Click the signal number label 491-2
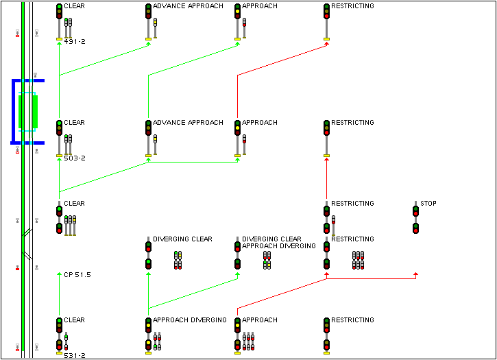click(x=74, y=42)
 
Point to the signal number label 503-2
click(x=74, y=158)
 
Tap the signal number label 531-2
click(x=74, y=355)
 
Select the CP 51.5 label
click(x=77, y=274)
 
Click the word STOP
click(x=428, y=204)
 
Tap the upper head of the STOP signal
click(x=415, y=209)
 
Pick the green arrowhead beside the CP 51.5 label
click(x=60, y=274)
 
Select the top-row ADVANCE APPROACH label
click(x=188, y=6)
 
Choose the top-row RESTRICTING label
click(x=352, y=6)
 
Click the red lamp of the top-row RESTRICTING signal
click(x=326, y=14)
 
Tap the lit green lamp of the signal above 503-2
click(x=60, y=123)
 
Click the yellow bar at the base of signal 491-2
click(x=60, y=40)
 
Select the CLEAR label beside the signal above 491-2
click(x=74, y=6)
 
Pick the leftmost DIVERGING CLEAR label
click(x=182, y=239)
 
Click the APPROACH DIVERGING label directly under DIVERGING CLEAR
click(x=279, y=245)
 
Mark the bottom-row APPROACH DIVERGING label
click(x=189, y=320)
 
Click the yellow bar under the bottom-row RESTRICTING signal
click(x=326, y=354)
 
